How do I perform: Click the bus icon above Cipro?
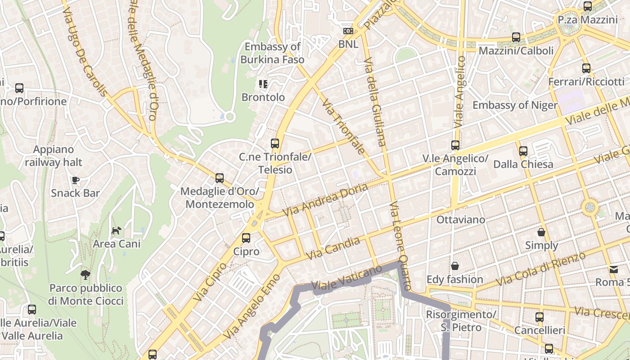(x=246, y=238)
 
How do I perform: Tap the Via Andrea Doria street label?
(x=325, y=199)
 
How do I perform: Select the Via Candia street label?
(x=333, y=248)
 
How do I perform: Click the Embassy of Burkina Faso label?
(x=272, y=53)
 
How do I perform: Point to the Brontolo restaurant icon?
(x=263, y=84)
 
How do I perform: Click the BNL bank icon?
(x=348, y=31)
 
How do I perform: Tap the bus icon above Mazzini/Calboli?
(x=516, y=37)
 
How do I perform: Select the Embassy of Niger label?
(x=515, y=105)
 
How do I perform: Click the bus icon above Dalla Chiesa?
(x=523, y=151)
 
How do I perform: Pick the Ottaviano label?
(x=461, y=220)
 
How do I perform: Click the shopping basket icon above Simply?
(x=541, y=232)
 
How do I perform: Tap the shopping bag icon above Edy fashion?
(x=455, y=266)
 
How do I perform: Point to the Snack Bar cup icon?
(x=76, y=180)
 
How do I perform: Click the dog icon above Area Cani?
(x=117, y=230)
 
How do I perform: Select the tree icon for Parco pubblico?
(x=85, y=274)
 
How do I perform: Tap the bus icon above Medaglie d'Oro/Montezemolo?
(x=220, y=178)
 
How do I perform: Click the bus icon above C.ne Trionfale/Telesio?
(x=275, y=144)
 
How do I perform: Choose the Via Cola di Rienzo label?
(x=540, y=269)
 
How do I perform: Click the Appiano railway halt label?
(x=54, y=156)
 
